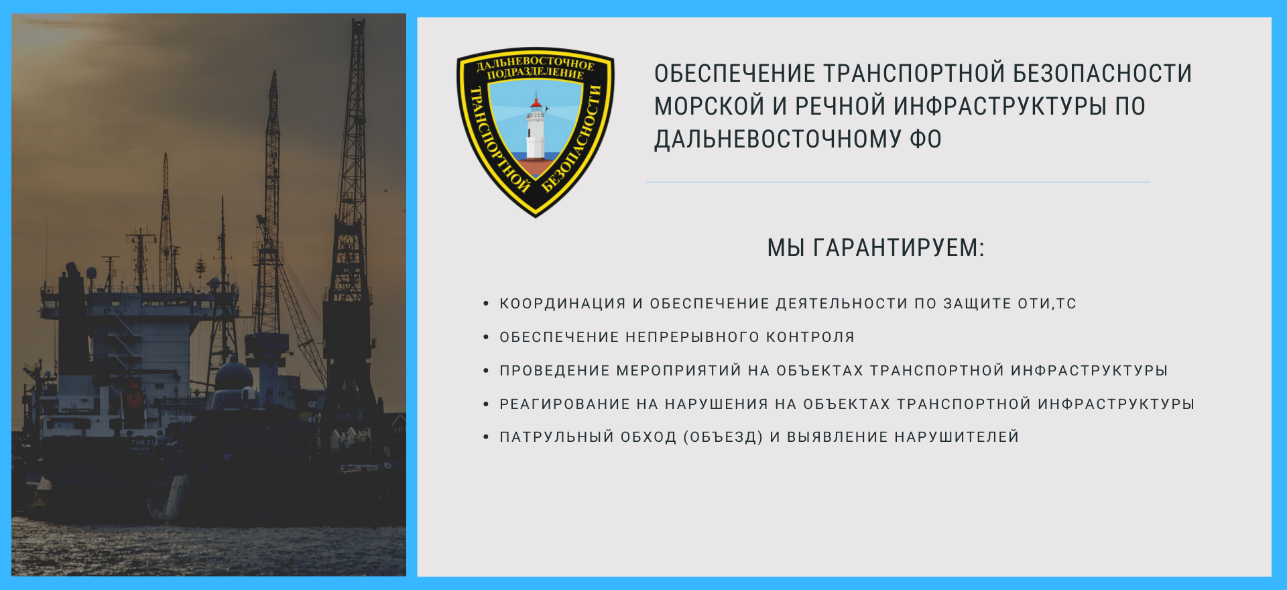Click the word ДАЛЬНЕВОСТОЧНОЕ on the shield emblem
tap(536, 63)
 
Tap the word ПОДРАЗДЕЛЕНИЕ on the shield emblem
tap(536, 73)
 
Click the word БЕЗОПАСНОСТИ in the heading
tap(1103, 73)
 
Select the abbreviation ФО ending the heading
tap(926, 139)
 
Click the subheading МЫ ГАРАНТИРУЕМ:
tap(876, 248)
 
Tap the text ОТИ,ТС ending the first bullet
tap(1047, 304)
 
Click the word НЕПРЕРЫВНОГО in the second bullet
tap(692, 337)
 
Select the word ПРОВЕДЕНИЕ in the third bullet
tap(555, 371)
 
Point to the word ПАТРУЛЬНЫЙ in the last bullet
tap(557, 437)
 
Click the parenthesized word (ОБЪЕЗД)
tap(723, 437)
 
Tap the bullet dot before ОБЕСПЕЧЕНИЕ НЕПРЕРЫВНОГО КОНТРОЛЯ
tap(486, 337)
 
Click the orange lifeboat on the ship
tap(133, 394)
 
